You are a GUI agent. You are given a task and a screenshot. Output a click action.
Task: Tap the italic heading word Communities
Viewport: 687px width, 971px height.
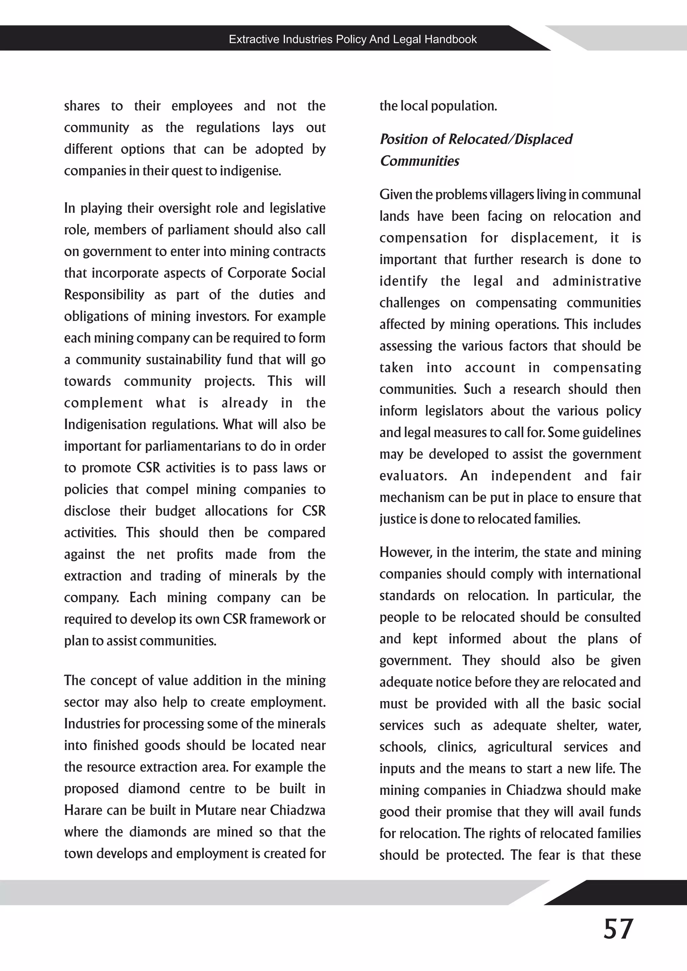419,161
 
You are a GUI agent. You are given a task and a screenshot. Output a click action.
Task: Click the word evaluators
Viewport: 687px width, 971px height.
413,476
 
